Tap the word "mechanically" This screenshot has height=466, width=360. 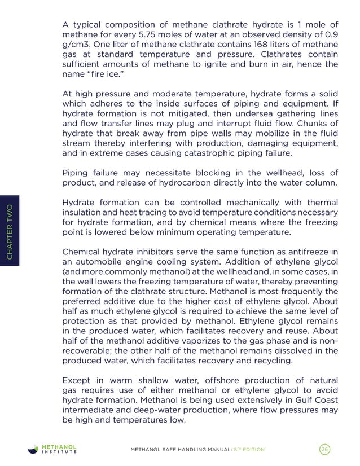coord(256,203)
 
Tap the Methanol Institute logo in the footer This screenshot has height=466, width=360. coord(53,449)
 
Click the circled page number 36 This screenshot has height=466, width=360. coord(324,449)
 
